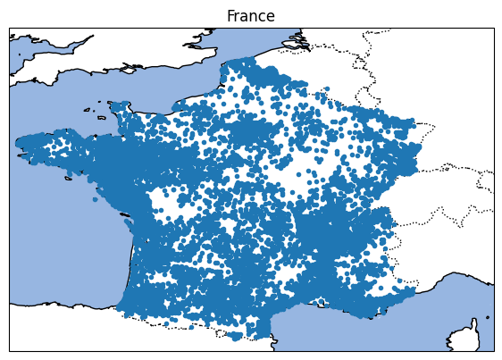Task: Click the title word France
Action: (250, 16)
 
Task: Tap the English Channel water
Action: (134, 89)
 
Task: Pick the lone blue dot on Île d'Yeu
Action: (95, 199)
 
